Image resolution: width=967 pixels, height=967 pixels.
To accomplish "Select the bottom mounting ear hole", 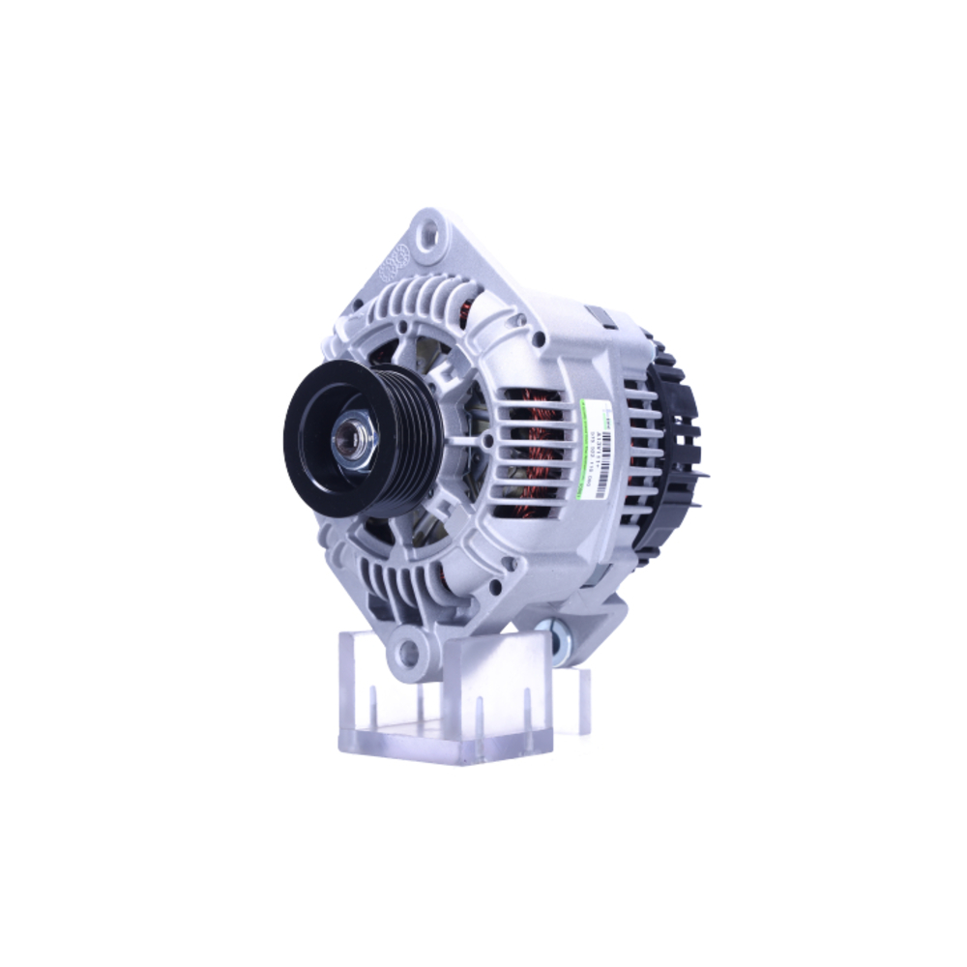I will coord(410,653).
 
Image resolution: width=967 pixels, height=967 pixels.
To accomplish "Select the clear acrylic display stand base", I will coord(445,740).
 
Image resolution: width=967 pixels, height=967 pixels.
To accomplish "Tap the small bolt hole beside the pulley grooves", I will coord(486,440).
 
